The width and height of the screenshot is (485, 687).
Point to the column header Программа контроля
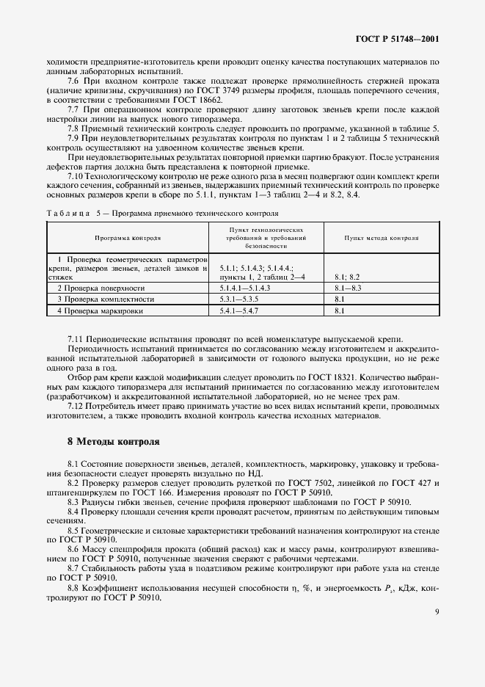click(128, 239)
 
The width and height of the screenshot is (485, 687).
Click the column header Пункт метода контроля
click(381, 239)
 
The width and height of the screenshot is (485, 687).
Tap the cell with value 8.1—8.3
click(348, 288)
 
